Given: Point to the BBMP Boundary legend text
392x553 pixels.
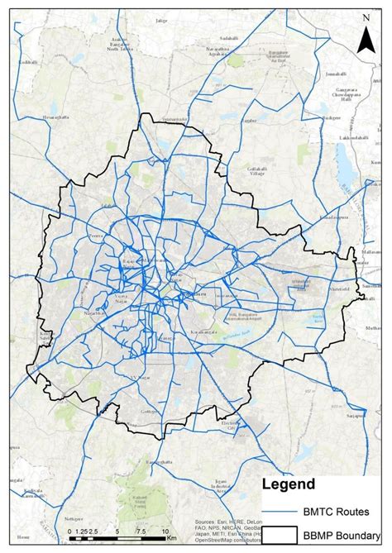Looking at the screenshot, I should tap(344, 537).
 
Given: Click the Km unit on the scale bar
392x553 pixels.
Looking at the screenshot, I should tap(171, 538).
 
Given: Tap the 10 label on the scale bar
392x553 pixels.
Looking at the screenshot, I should tap(165, 531).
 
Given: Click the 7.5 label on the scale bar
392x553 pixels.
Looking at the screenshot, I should tap(141, 531).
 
